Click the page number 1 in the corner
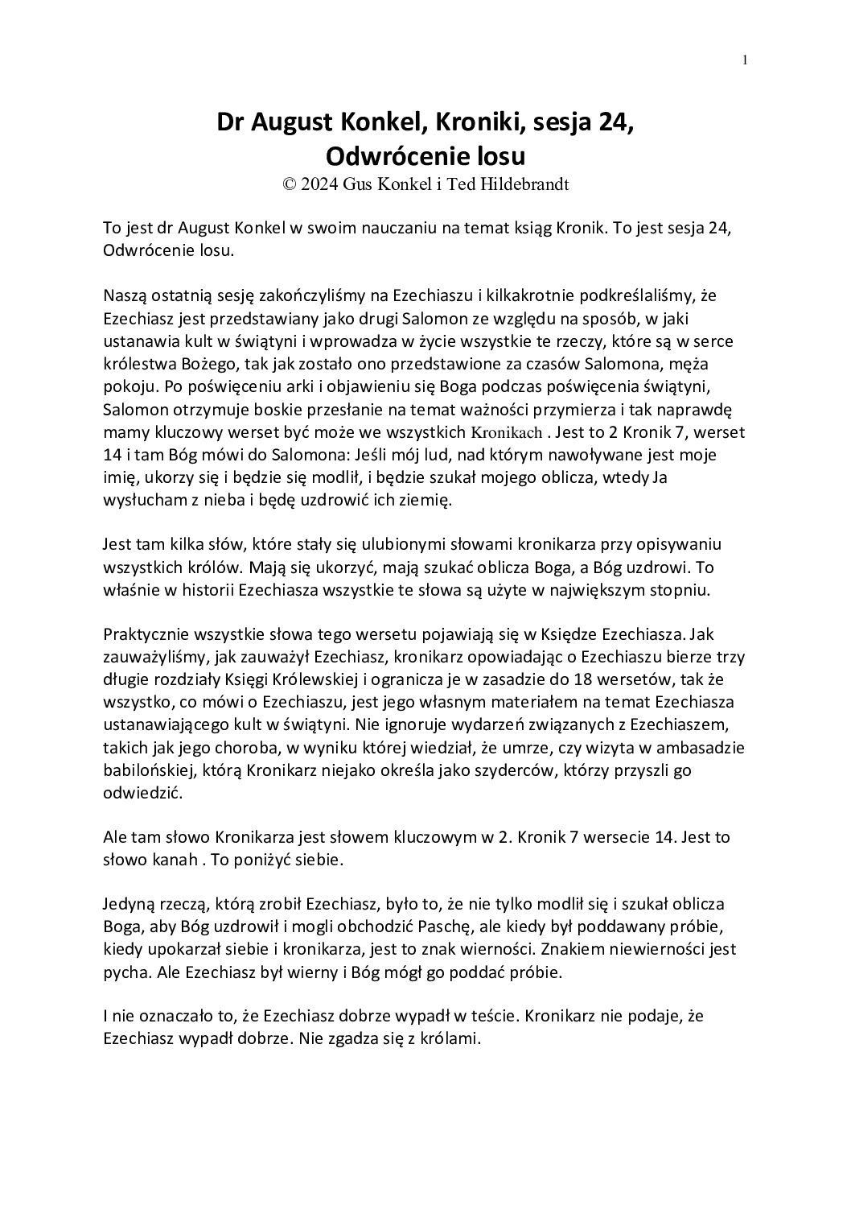[745, 60]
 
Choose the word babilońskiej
[150, 771]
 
